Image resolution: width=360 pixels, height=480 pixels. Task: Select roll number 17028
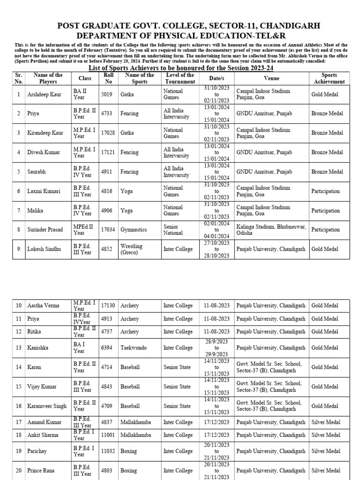point(108,133)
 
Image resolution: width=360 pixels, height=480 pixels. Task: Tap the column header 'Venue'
point(271,78)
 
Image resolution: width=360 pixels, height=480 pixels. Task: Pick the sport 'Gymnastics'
point(134,230)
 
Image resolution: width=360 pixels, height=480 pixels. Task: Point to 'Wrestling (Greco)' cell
point(132,249)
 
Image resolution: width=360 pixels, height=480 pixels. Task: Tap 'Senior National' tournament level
point(173,230)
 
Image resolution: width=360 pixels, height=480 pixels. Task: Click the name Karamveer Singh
point(47,406)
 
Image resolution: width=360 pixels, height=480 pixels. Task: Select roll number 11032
point(108,451)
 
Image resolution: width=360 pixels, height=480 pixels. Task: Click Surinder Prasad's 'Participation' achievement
point(326,230)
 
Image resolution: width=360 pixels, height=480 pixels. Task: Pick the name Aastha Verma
point(44,306)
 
